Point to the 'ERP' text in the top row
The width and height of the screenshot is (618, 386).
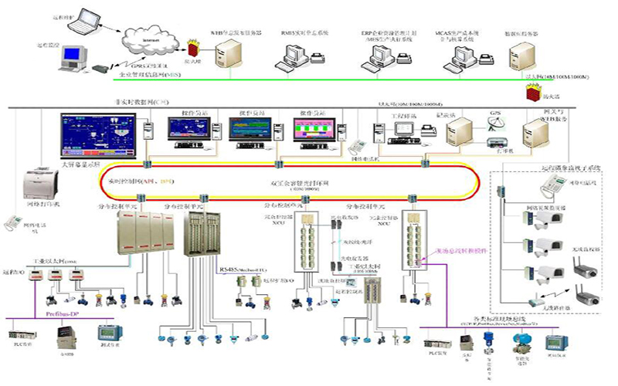[366, 34]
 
